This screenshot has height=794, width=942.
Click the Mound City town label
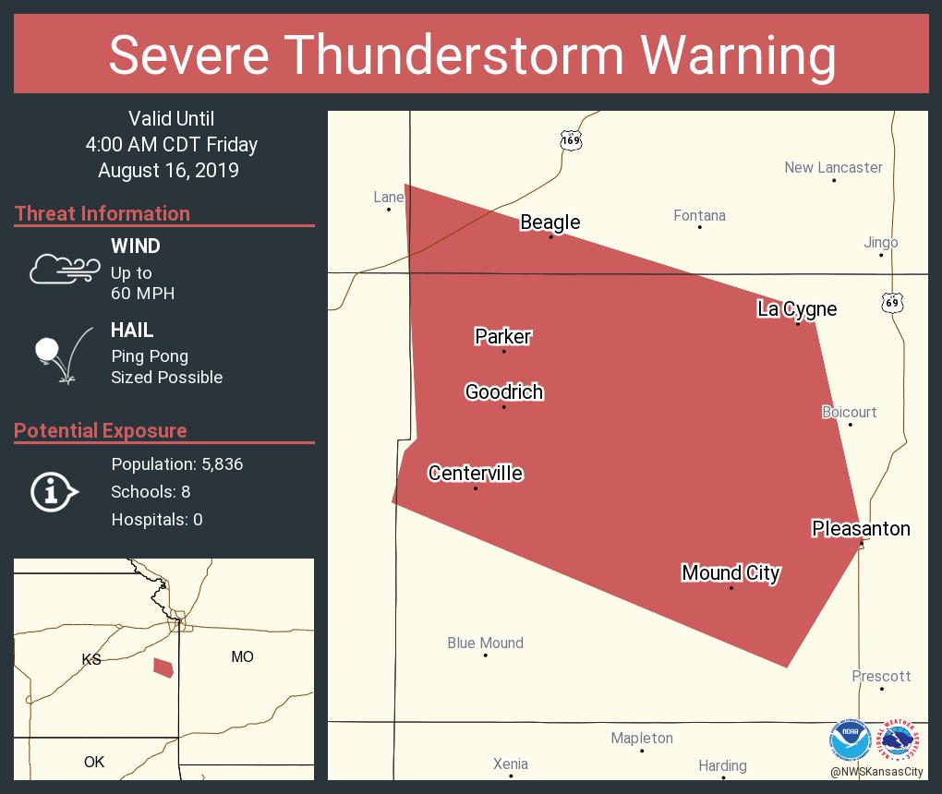pyautogui.click(x=731, y=573)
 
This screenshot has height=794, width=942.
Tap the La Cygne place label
pyautogui.click(x=797, y=309)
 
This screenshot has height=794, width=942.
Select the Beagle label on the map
pyautogui.click(x=550, y=223)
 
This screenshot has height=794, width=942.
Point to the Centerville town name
pyautogui.click(x=475, y=474)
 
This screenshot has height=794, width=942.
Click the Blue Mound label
pyautogui.click(x=485, y=643)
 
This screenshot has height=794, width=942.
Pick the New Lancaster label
pyautogui.click(x=833, y=167)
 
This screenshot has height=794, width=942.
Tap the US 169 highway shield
pyautogui.click(x=571, y=140)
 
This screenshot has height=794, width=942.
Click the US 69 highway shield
pyautogui.click(x=890, y=302)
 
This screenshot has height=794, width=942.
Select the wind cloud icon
pyautogui.click(x=64, y=267)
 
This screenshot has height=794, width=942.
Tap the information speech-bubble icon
pyautogui.click(x=54, y=492)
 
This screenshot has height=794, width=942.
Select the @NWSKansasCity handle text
pyautogui.click(x=876, y=772)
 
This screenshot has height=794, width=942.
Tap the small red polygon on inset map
pyautogui.click(x=163, y=668)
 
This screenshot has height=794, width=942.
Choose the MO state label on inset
pyautogui.click(x=242, y=656)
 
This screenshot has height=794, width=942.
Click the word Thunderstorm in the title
pyautogui.click(x=455, y=54)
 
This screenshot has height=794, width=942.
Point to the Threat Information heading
pyautogui.click(x=103, y=213)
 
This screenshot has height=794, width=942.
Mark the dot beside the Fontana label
pyautogui.click(x=699, y=227)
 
